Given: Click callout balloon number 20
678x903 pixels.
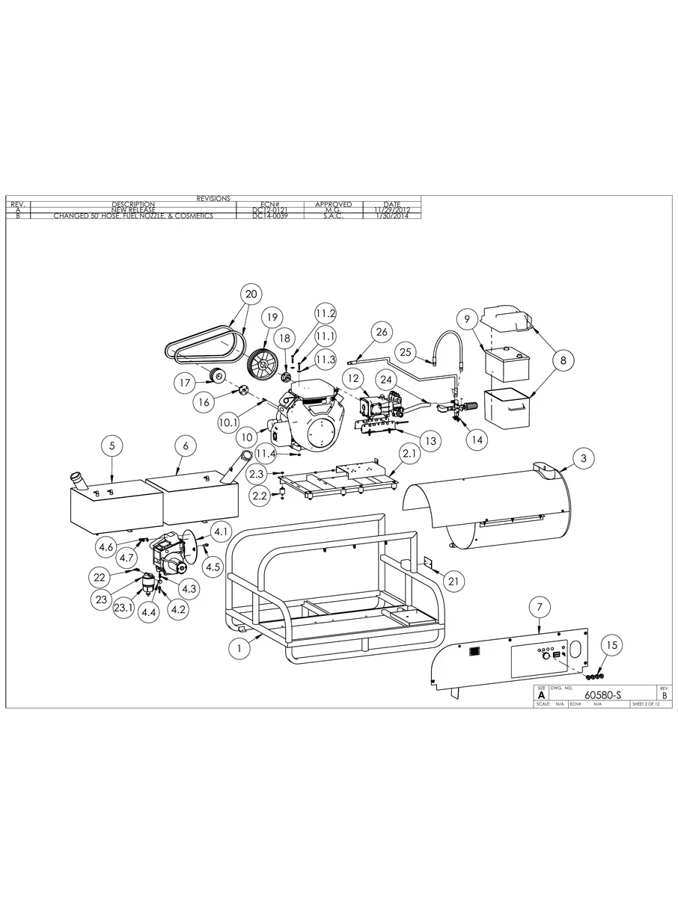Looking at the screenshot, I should pos(251,294).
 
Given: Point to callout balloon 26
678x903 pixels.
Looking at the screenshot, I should pos(381,331).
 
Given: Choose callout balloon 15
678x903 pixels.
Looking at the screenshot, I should pos(611,644).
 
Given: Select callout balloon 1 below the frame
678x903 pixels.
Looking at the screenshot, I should pos(239,648).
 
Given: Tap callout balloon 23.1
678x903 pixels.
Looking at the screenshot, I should pos(124,608).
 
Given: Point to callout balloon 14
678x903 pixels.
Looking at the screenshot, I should pos(476,440).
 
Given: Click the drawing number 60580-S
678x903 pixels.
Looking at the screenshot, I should pos(602,695).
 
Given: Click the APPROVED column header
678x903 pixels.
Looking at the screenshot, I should pos(333,204).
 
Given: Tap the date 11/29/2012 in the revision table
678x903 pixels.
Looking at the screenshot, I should pos(391,210).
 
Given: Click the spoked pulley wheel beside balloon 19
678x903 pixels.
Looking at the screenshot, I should pos(263,364).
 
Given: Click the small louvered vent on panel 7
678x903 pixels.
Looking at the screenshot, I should pos(474,652).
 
